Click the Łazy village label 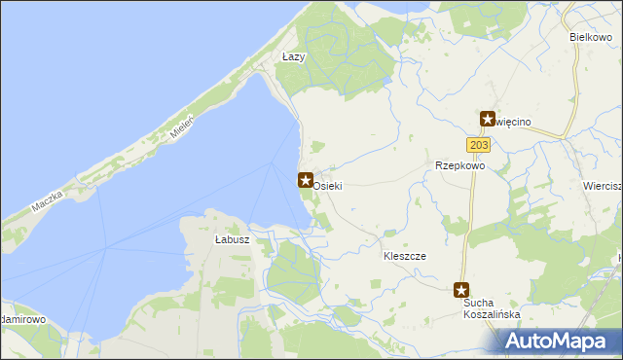293,57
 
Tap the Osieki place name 328,185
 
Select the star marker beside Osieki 305,180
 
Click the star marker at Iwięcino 488,119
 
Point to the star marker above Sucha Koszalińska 461,289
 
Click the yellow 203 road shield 477,145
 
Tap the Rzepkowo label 459,165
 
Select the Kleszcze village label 405,255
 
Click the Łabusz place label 233,239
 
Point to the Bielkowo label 590,36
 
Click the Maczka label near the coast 47,203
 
